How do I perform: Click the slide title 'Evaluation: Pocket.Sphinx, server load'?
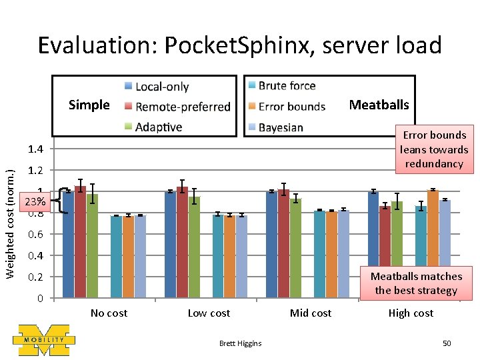pyautogui.click(x=239, y=45)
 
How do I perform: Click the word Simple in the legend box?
pyautogui.click(x=89, y=105)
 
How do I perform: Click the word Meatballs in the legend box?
pyautogui.click(x=379, y=105)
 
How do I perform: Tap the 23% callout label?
pyautogui.click(x=35, y=201)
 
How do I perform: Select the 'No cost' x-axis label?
pyautogui.click(x=109, y=313)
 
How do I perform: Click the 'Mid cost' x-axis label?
pyautogui.click(x=311, y=313)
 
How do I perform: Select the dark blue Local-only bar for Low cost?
pyautogui.click(x=170, y=244)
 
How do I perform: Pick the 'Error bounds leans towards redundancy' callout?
pyautogui.click(x=434, y=149)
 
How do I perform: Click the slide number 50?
pyautogui.click(x=447, y=343)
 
